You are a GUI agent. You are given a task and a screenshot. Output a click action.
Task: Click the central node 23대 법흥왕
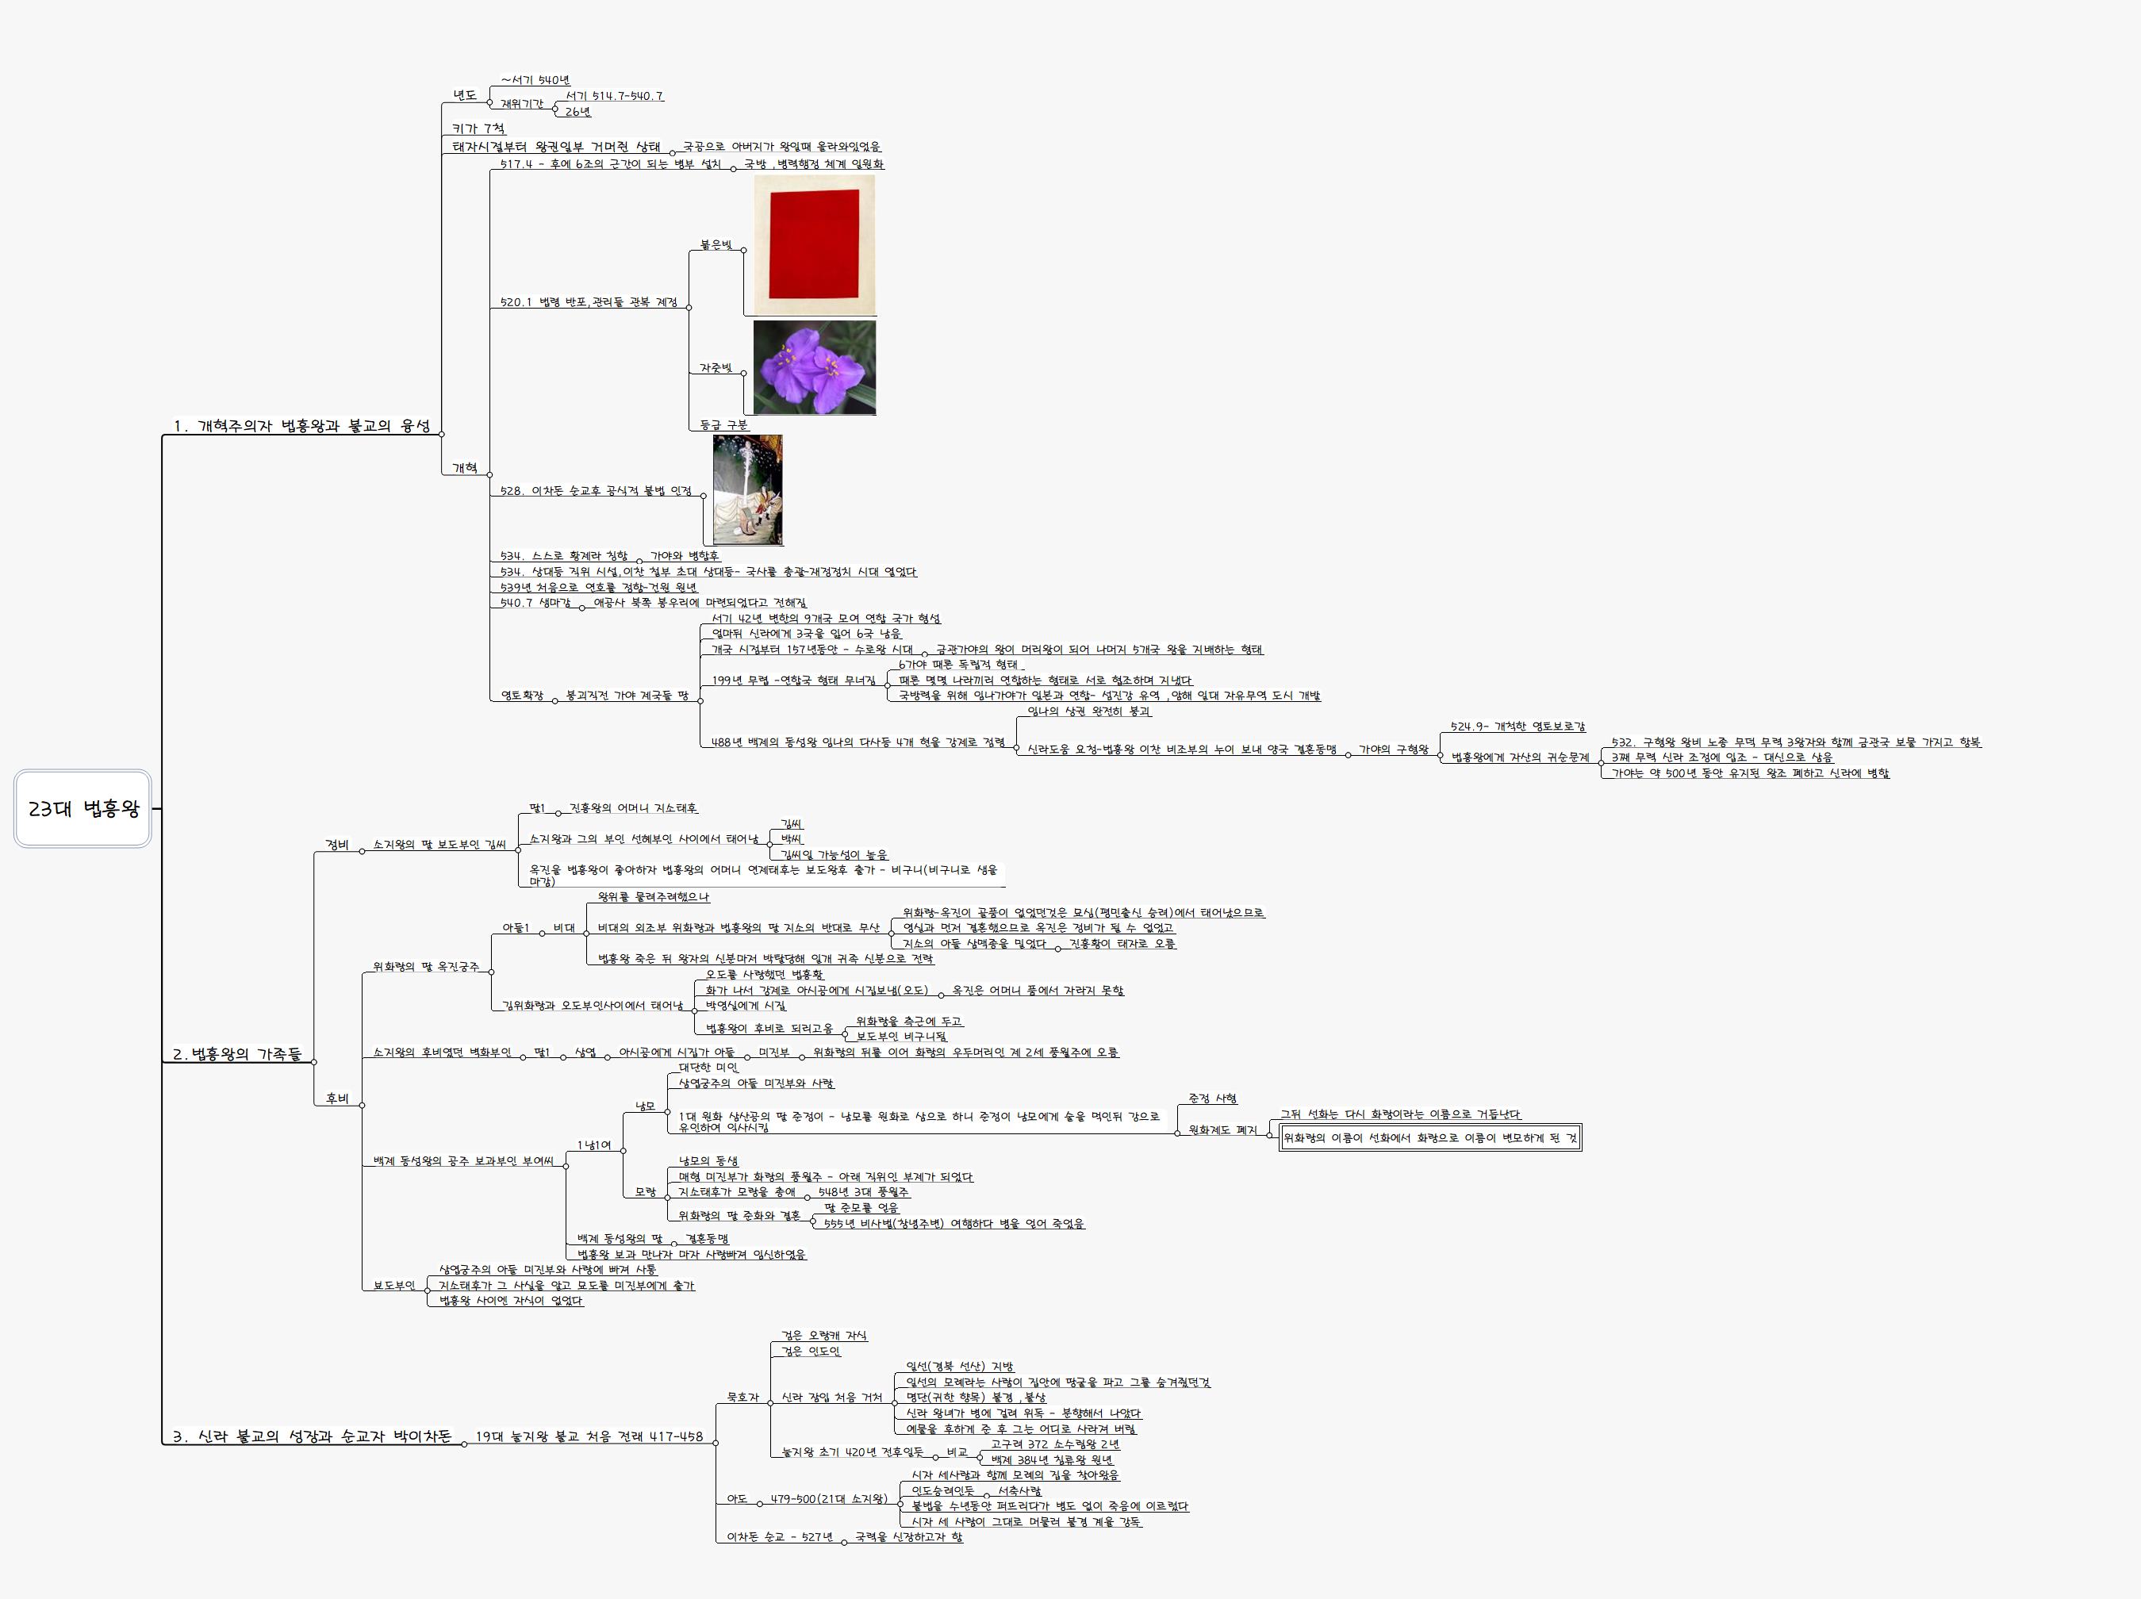[83, 808]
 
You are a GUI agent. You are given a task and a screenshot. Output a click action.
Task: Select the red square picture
[814, 245]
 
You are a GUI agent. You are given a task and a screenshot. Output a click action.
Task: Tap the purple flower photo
[814, 368]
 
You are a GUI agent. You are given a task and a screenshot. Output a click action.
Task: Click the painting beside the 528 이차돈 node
[747, 489]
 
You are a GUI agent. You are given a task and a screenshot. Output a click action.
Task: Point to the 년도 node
[465, 95]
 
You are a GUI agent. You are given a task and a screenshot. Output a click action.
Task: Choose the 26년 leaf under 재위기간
[577, 111]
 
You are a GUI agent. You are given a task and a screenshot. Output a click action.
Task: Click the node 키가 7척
[478, 128]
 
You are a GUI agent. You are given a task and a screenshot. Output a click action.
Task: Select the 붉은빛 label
[716, 245]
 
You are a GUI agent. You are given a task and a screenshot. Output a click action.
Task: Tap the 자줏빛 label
[716, 368]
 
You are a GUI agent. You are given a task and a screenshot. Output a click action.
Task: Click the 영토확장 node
[522, 695]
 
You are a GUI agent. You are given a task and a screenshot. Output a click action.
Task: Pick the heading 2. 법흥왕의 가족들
[236, 1054]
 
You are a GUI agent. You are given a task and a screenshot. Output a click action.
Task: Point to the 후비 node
[337, 1099]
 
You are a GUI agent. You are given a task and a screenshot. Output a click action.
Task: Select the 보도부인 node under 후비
[394, 1286]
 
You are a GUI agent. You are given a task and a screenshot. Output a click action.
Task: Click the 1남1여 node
[593, 1145]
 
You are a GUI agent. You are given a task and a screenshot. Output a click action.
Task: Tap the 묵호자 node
[742, 1397]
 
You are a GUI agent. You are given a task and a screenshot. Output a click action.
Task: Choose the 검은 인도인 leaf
[810, 1352]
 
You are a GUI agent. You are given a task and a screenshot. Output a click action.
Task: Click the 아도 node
[737, 1498]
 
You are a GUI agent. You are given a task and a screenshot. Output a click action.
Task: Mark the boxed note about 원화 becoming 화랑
[1429, 1138]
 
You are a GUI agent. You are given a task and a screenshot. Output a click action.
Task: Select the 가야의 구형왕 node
[1393, 750]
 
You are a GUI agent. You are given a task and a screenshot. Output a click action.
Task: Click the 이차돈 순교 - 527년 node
[779, 1536]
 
